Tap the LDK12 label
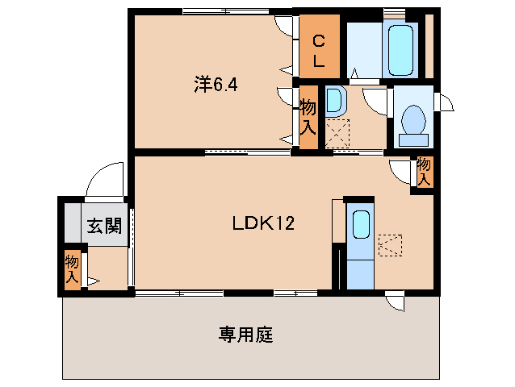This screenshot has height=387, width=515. (x=262, y=225)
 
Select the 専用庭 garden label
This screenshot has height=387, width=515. (x=245, y=335)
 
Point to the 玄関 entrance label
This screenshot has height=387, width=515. (x=104, y=226)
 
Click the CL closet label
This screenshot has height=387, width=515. (x=319, y=50)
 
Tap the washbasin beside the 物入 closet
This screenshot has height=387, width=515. (x=335, y=102)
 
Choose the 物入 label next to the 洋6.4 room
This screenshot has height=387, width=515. (x=308, y=116)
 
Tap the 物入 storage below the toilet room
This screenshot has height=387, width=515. (x=424, y=171)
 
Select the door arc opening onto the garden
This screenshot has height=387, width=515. (x=395, y=302)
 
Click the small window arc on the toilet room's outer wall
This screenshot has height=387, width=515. (x=445, y=103)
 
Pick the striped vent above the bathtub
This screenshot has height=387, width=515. (x=395, y=14)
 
